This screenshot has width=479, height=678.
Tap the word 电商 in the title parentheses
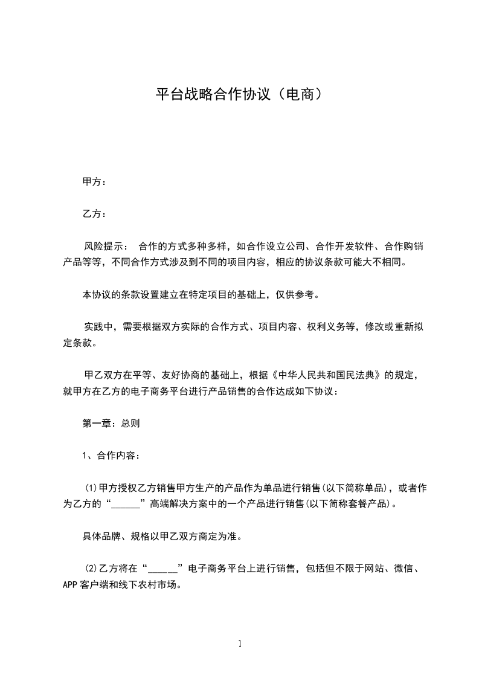click(x=300, y=95)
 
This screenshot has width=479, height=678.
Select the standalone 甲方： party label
click(x=94, y=182)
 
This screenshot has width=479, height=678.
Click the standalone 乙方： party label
click(x=94, y=214)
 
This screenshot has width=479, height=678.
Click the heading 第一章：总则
click(x=111, y=424)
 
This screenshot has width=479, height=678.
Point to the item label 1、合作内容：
click(x=111, y=456)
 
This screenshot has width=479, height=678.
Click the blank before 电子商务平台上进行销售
click(x=163, y=569)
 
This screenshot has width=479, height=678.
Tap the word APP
click(x=71, y=585)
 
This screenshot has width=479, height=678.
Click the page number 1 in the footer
click(x=240, y=644)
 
